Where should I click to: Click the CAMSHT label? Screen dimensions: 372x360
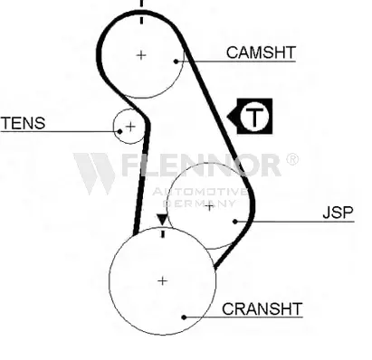[x=261, y=52]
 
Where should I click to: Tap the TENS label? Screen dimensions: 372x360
[x=24, y=123]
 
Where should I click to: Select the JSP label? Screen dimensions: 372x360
[x=338, y=213]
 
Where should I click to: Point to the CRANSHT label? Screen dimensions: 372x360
[x=262, y=308]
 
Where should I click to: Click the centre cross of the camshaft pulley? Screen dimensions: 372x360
[x=141, y=55]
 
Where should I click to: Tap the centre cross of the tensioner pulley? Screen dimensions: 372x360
[x=130, y=127]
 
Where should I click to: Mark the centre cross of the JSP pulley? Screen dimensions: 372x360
[x=209, y=207]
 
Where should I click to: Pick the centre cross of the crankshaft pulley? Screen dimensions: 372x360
[x=163, y=281]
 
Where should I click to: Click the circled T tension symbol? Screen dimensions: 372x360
[x=254, y=116]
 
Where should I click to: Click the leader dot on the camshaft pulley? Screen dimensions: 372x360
[x=176, y=62]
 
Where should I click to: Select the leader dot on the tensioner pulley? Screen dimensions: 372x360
[x=119, y=131]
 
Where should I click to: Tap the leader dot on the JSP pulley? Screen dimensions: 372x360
[x=235, y=222]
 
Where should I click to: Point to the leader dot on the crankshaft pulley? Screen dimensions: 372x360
[x=184, y=317]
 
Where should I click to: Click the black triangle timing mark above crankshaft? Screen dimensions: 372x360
[x=162, y=219]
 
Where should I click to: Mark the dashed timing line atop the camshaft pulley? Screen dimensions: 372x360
[x=141, y=12]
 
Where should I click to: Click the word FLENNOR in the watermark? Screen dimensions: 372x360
[x=202, y=165]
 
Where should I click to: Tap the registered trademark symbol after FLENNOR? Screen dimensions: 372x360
[x=292, y=159]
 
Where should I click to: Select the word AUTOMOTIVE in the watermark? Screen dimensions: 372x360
[x=200, y=192]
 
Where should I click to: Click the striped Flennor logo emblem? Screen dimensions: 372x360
[x=94, y=173]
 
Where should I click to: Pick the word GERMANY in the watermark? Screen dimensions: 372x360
[x=199, y=203]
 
